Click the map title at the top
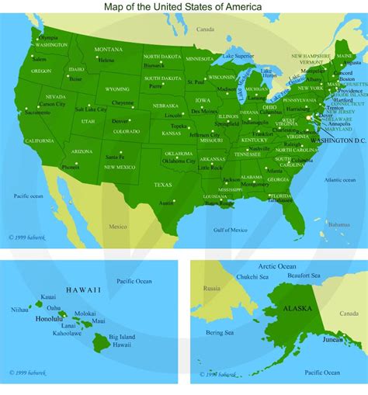(182, 6)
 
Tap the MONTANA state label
(109, 50)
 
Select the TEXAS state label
(163, 185)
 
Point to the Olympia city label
(47, 36)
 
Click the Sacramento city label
(37, 113)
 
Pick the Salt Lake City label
(90, 109)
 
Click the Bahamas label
(338, 224)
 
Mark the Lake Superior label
(237, 56)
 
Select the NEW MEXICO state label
(120, 167)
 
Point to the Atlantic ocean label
(339, 180)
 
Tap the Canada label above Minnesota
(205, 29)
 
